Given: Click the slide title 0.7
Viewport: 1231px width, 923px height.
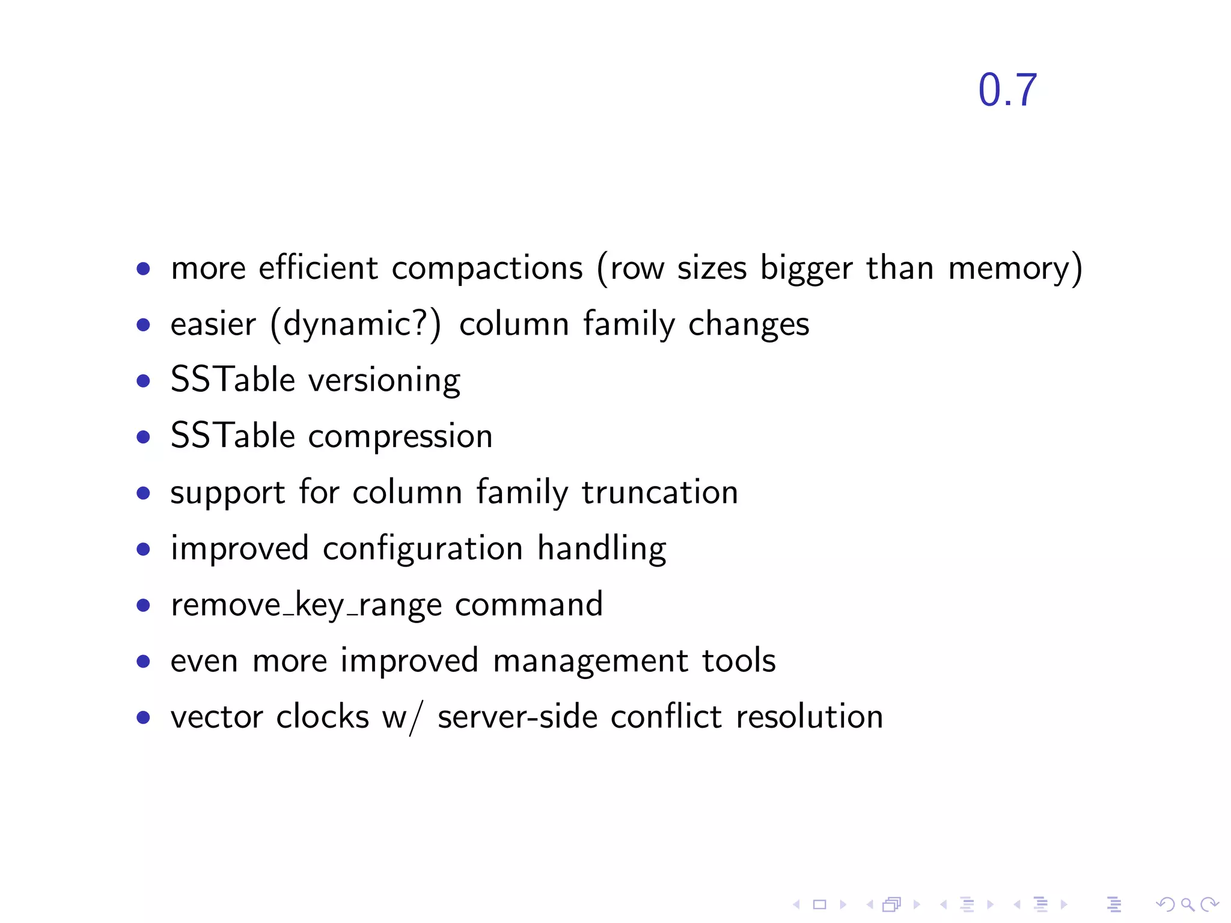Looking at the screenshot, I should [1007, 91].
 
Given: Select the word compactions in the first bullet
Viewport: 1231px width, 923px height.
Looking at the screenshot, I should [487, 268].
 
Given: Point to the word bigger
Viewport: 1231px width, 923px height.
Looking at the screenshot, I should [806, 268].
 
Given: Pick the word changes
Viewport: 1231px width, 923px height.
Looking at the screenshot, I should [748, 324].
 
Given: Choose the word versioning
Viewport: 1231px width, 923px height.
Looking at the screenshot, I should [384, 380].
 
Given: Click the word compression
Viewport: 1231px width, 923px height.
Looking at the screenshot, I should [400, 437].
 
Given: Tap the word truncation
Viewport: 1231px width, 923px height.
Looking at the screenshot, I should [659, 492].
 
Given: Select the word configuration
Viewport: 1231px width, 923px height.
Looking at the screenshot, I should [423, 549].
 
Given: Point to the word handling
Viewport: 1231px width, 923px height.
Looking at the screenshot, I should [602, 549].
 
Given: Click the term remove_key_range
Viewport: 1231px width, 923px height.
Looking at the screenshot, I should [306, 605].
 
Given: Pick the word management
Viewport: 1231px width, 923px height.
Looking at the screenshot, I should [590, 661].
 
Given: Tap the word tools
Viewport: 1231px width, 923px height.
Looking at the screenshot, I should [739, 660].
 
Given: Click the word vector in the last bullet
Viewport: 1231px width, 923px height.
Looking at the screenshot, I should [217, 717].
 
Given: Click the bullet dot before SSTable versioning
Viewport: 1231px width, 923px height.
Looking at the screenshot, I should [143, 381].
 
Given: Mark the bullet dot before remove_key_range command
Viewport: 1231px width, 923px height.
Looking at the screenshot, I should [143, 605].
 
